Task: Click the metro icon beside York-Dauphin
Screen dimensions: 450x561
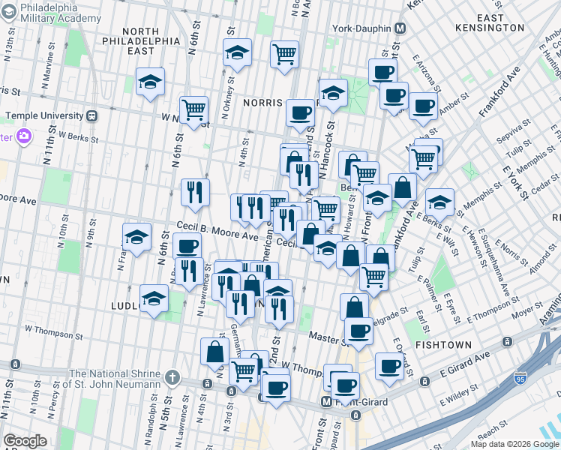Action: [x=400, y=28]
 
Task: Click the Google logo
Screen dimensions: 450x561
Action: [x=25, y=441]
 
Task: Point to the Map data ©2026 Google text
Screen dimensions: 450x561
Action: [x=514, y=444]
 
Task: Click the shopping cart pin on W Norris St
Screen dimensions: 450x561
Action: [x=194, y=109]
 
